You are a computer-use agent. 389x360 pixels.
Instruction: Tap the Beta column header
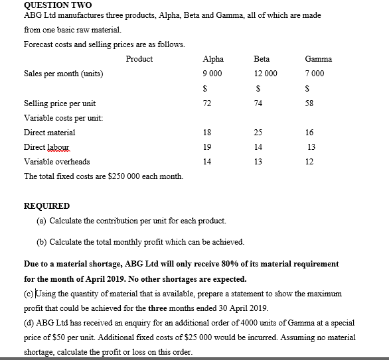[x=262, y=59]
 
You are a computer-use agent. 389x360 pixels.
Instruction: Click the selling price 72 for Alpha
[x=206, y=103]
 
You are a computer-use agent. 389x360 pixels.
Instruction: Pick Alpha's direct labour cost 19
[x=206, y=147]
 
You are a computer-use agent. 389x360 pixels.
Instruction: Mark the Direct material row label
[x=50, y=133]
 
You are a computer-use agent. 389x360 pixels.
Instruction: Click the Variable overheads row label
[x=56, y=162]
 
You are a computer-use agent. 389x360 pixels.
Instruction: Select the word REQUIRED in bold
[x=46, y=206]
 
